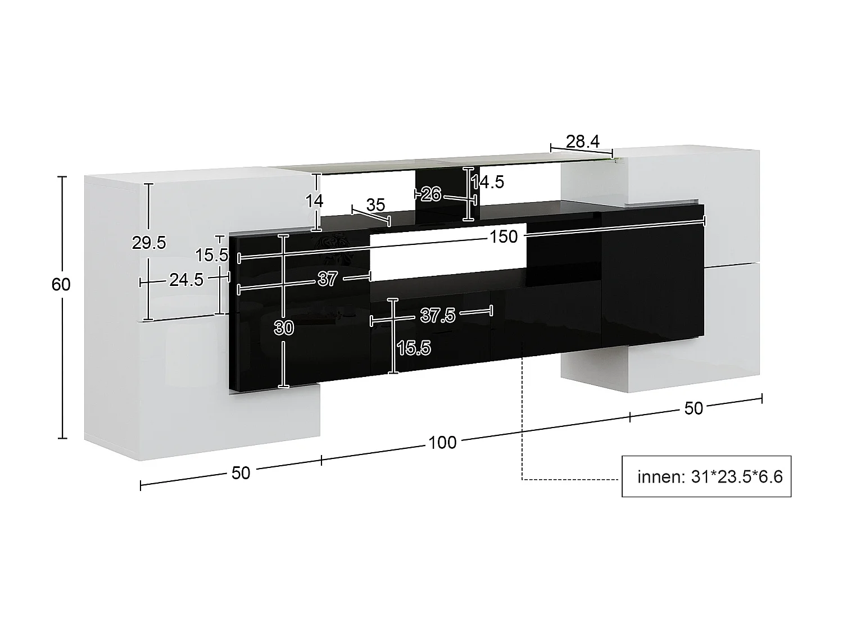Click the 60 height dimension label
pos(61,285)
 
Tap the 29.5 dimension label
pos(149,243)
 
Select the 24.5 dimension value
pos(186,279)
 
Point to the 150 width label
pos(504,237)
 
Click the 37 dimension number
pos(328,279)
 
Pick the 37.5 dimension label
pos(438,316)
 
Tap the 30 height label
pos(284,327)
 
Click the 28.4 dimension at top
pos(583,142)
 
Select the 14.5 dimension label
pos(488,182)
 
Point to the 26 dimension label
pos(430,194)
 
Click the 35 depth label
pos(375,204)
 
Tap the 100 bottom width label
pos(442,443)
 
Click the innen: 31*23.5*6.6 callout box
pos(706,476)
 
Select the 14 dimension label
pos(315,201)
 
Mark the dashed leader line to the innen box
pos(523,427)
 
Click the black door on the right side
pos(652,278)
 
